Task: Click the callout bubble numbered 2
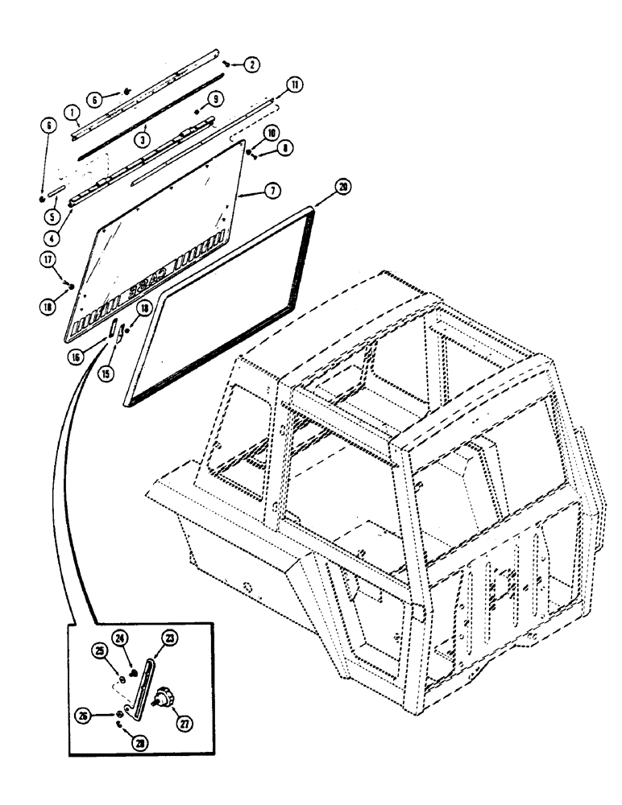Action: (252, 66)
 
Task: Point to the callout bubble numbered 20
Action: (321, 187)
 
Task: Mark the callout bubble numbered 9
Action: (215, 98)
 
